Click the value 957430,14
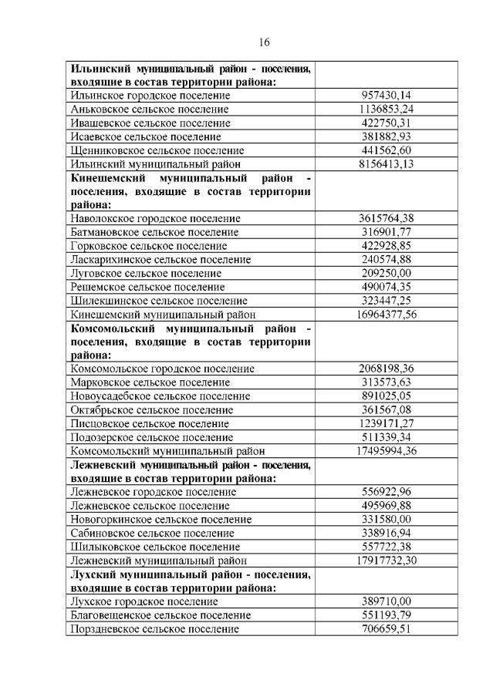387,96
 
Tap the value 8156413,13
387,164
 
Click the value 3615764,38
387,219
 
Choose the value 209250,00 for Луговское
387,273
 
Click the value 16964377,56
387,315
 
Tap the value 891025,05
387,396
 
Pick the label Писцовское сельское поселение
149,423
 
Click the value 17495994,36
387,451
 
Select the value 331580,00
387,519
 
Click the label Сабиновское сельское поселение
152,533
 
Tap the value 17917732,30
387,561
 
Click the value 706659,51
387,628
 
